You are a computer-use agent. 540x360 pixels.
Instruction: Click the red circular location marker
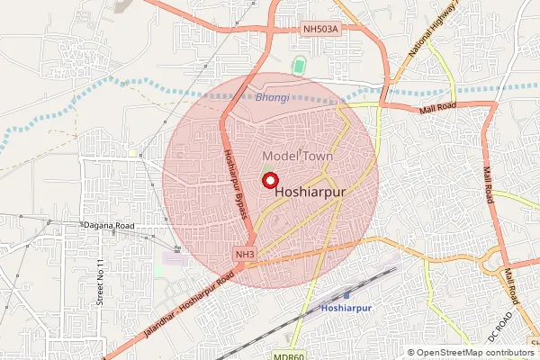pyautogui.click(x=269, y=179)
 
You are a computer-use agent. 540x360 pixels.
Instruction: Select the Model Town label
pyautogui.click(x=297, y=156)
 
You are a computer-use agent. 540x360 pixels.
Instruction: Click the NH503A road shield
pyautogui.click(x=320, y=30)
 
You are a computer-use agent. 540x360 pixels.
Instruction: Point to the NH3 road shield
pyautogui.click(x=245, y=256)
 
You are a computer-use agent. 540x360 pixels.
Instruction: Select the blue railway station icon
pyautogui.click(x=347, y=294)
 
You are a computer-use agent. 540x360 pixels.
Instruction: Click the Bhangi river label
pyautogui.click(x=272, y=96)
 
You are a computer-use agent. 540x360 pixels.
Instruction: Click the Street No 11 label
pyautogui.click(x=101, y=281)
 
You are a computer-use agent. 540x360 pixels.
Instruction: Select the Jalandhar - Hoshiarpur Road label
pyautogui.click(x=191, y=304)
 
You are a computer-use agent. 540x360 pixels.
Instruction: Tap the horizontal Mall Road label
pyautogui.click(x=438, y=109)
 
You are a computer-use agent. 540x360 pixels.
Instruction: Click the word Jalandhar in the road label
pyautogui.click(x=162, y=323)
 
